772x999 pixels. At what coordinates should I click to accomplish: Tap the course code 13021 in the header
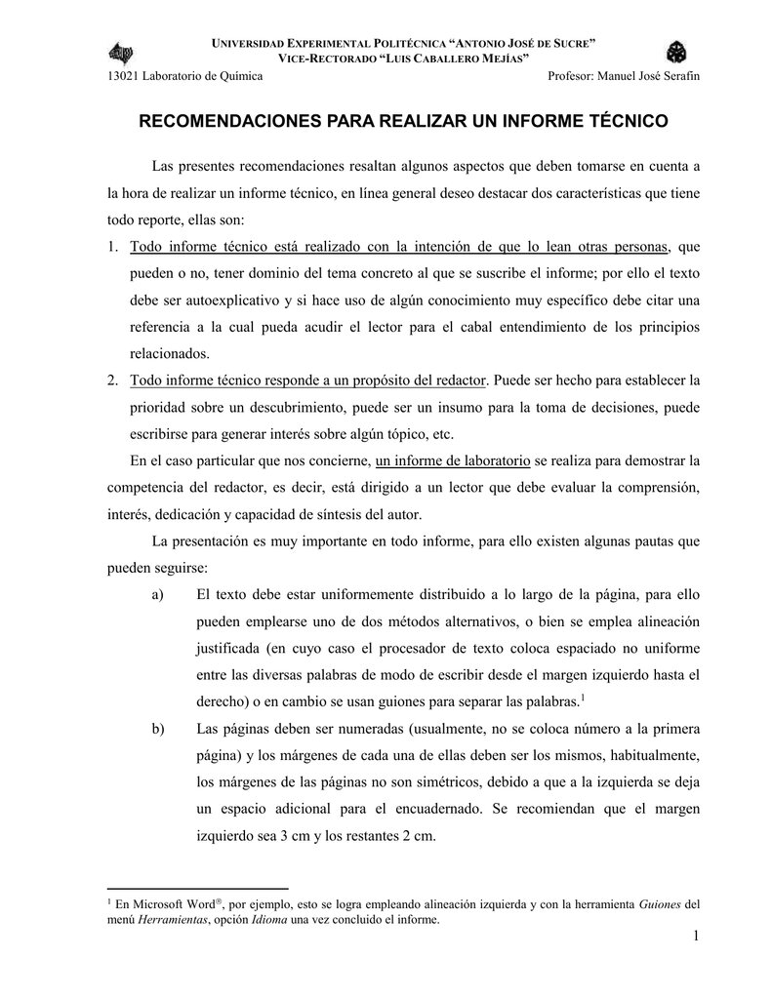(122, 77)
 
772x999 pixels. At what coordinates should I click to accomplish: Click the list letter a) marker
(158, 593)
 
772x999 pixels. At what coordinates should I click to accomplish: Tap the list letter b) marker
(158, 728)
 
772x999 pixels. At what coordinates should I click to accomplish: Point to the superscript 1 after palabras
(582, 696)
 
